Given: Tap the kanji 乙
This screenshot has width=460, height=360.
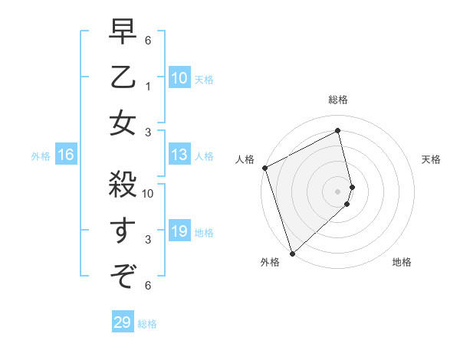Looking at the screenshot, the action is (x=123, y=78).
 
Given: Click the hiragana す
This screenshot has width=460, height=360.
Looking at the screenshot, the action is (x=123, y=230).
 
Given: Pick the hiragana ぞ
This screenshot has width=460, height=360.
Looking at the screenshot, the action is (x=123, y=273).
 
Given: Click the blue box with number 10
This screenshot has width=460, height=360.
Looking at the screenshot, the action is (x=179, y=78).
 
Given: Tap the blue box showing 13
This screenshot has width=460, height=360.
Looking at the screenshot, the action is (x=179, y=155).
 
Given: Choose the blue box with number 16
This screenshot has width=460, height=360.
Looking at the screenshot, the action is (x=66, y=155).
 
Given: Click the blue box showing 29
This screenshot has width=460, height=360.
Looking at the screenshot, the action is (x=123, y=323).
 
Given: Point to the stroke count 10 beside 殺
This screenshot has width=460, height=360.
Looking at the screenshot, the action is (x=149, y=194).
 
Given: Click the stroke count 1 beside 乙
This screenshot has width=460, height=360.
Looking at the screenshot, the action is (x=148, y=87).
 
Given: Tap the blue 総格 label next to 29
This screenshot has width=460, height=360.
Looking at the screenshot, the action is (x=147, y=324).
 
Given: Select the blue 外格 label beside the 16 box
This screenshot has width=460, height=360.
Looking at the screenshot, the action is (x=41, y=156).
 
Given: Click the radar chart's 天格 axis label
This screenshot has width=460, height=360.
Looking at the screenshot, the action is (x=431, y=159).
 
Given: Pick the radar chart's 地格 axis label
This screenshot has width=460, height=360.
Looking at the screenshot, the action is (x=402, y=262).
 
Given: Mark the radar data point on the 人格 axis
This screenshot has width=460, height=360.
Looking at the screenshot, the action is (x=264, y=168).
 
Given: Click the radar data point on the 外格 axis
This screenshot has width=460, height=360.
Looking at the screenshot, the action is (x=292, y=252).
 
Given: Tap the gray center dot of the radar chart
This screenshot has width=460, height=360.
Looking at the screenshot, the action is (x=338, y=191).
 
